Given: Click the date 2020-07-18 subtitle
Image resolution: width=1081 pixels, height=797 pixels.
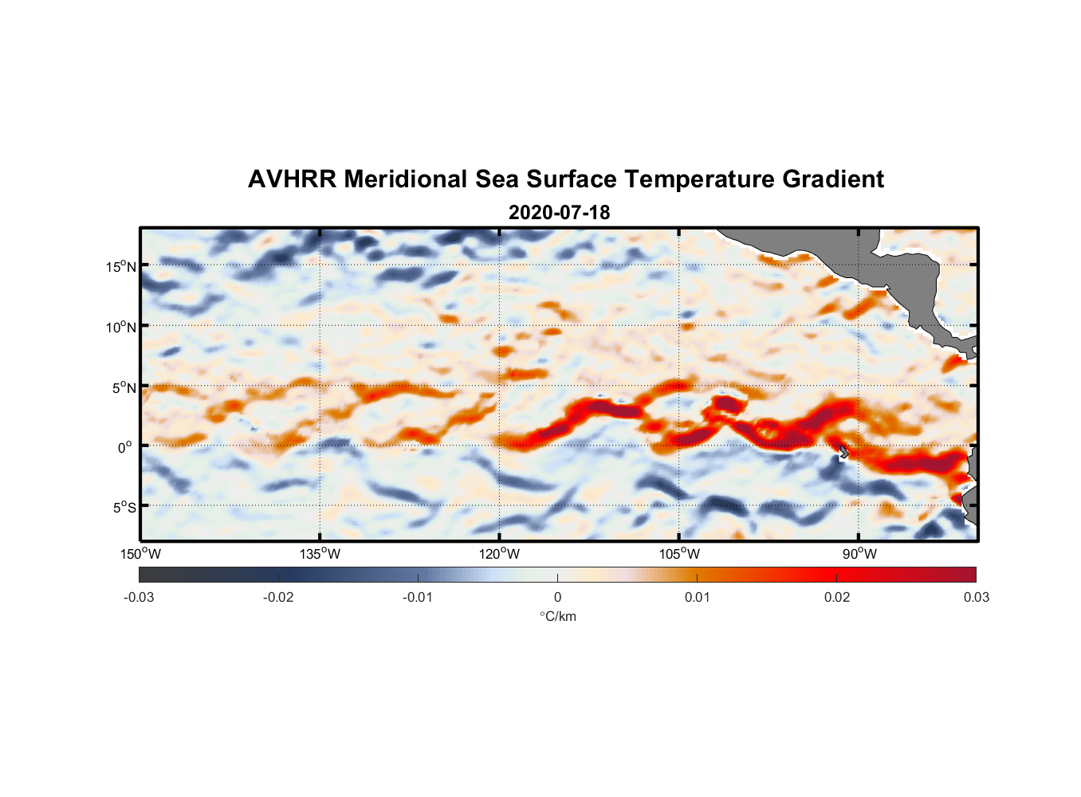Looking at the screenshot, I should click(x=559, y=213).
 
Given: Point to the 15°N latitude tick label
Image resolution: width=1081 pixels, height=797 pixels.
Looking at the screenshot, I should click(x=121, y=266).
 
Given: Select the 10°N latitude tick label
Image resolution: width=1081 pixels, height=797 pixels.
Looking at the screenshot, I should click(x=121, y=327).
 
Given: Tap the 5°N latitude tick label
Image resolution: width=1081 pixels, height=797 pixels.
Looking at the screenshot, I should click(x=124, y=387).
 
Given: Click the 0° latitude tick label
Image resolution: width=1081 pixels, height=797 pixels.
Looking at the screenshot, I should click(x=125, y=447).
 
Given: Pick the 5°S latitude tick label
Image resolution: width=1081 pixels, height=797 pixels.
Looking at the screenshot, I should click(x=124, y=507).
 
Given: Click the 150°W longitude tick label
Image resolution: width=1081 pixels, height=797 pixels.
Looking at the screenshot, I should click(x=140, y=554).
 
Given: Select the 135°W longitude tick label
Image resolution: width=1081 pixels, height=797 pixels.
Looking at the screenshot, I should click(x=320, y=554).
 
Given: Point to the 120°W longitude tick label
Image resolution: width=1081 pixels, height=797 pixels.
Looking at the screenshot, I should click(x=499, y=554).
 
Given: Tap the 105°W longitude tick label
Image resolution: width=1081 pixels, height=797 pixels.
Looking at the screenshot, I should click(x=679, y=554).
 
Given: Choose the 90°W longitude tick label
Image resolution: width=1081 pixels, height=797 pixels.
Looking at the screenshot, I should click(x=859, y=554).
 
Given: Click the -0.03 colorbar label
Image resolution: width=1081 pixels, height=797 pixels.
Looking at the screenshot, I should click(x=139, y=597).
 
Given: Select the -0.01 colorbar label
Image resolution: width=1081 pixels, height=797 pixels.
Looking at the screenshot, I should click(x=418, y=597).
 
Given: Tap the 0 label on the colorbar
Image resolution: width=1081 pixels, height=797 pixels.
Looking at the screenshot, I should click(x=557, y=597).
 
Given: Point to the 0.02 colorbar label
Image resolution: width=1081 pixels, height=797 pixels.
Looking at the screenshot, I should click(x=837, y=597).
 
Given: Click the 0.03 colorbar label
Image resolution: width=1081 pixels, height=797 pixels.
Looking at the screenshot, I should click(x=976, y=597).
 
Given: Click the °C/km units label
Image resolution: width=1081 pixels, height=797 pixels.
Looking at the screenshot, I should click(x=557, y=616).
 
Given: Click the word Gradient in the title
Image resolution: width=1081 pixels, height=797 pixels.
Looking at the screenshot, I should click(x=833, y=179).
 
